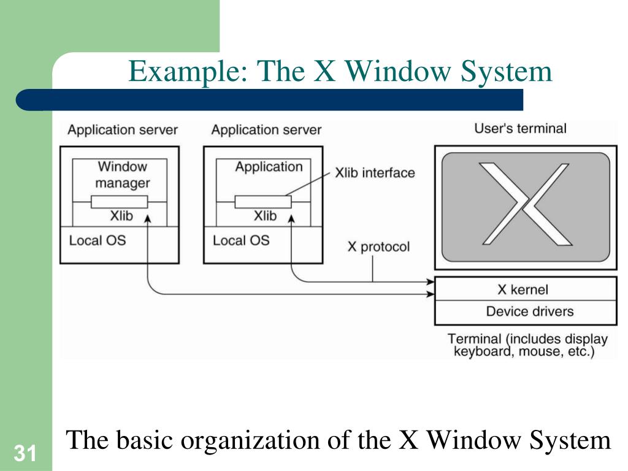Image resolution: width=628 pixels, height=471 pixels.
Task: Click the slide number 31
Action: click(x=25, y=454)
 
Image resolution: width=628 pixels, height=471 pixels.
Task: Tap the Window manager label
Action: click(x=123, y=174)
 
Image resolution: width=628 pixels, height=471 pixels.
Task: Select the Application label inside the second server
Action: click(x=269, y=167)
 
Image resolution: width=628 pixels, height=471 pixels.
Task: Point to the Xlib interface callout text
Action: click(x=374, y=173)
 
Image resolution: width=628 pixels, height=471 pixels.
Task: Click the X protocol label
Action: click(x=378, y=247)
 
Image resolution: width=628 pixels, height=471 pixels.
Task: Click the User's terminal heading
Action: click(x=520, y=129)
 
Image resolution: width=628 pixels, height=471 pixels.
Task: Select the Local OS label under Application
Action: click(x=241, y=240)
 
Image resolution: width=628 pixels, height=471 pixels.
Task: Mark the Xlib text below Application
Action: click(x=265, y=216)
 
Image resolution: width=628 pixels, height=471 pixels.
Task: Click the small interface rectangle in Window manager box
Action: click(x=120, y=202)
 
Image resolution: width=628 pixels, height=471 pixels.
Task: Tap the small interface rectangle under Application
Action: click(x=263, y=202)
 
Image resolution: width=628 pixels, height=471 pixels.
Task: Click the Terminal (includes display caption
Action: click(x=527, y=339)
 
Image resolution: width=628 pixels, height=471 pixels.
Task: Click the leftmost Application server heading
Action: click(x=123, y=130)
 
